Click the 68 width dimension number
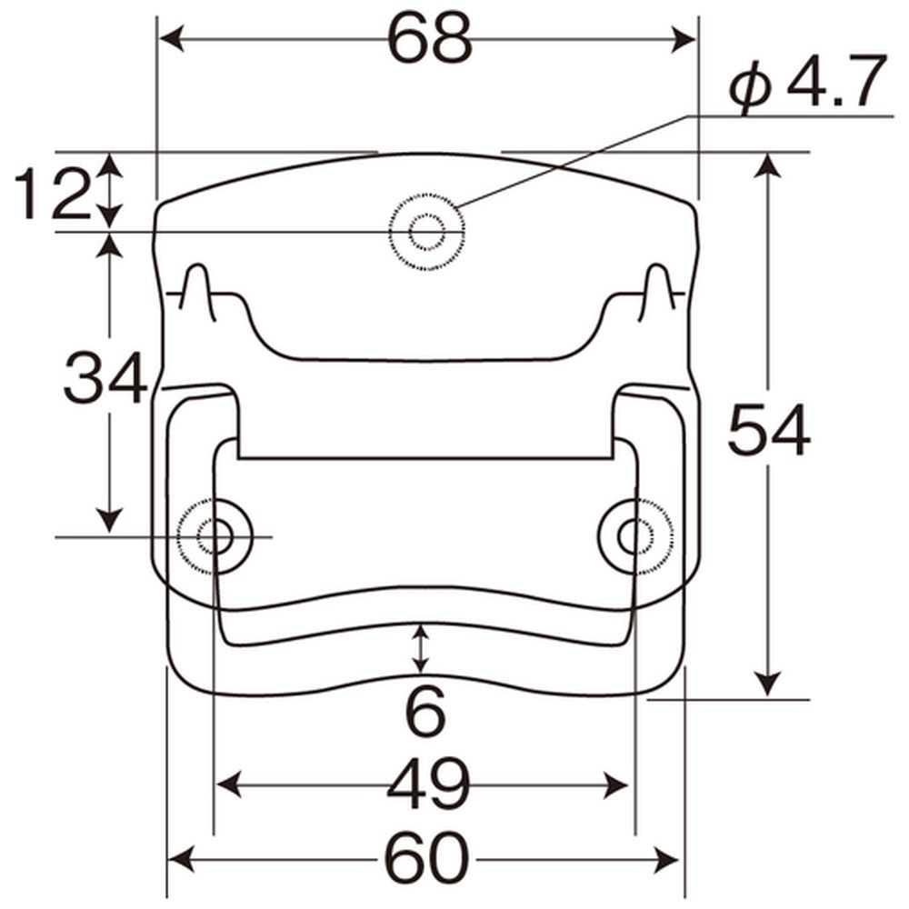430,40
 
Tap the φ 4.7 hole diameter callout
808,83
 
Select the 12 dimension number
52,195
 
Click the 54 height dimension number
769,430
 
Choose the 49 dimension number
428,785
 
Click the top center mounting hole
427,232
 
